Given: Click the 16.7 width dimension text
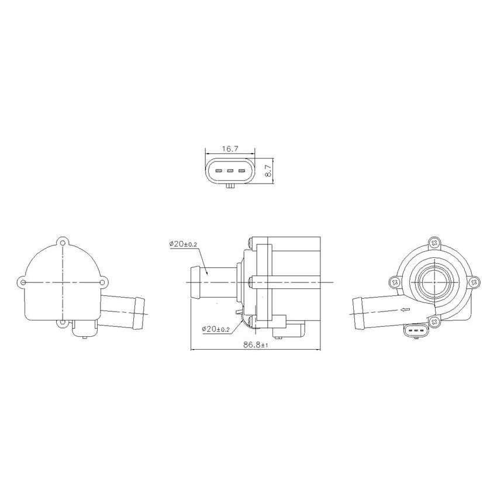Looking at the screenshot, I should click(x=229, y=149).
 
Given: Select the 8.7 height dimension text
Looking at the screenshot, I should click(x=269, y=170).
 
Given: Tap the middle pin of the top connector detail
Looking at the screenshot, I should click(x=230, y=171).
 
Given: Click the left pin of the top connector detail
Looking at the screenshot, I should click(x=219, y=171).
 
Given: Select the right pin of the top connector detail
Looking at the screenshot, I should click(x=240, y=171).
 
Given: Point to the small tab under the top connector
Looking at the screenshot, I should click(x=230, y=187).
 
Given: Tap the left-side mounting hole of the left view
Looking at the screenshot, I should click(x=23, y=282).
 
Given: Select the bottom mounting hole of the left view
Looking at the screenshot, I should click(x=63, y=322).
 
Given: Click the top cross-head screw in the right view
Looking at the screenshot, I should click(x=433, y=241).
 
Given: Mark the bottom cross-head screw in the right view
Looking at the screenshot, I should click(x=433, y=321).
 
